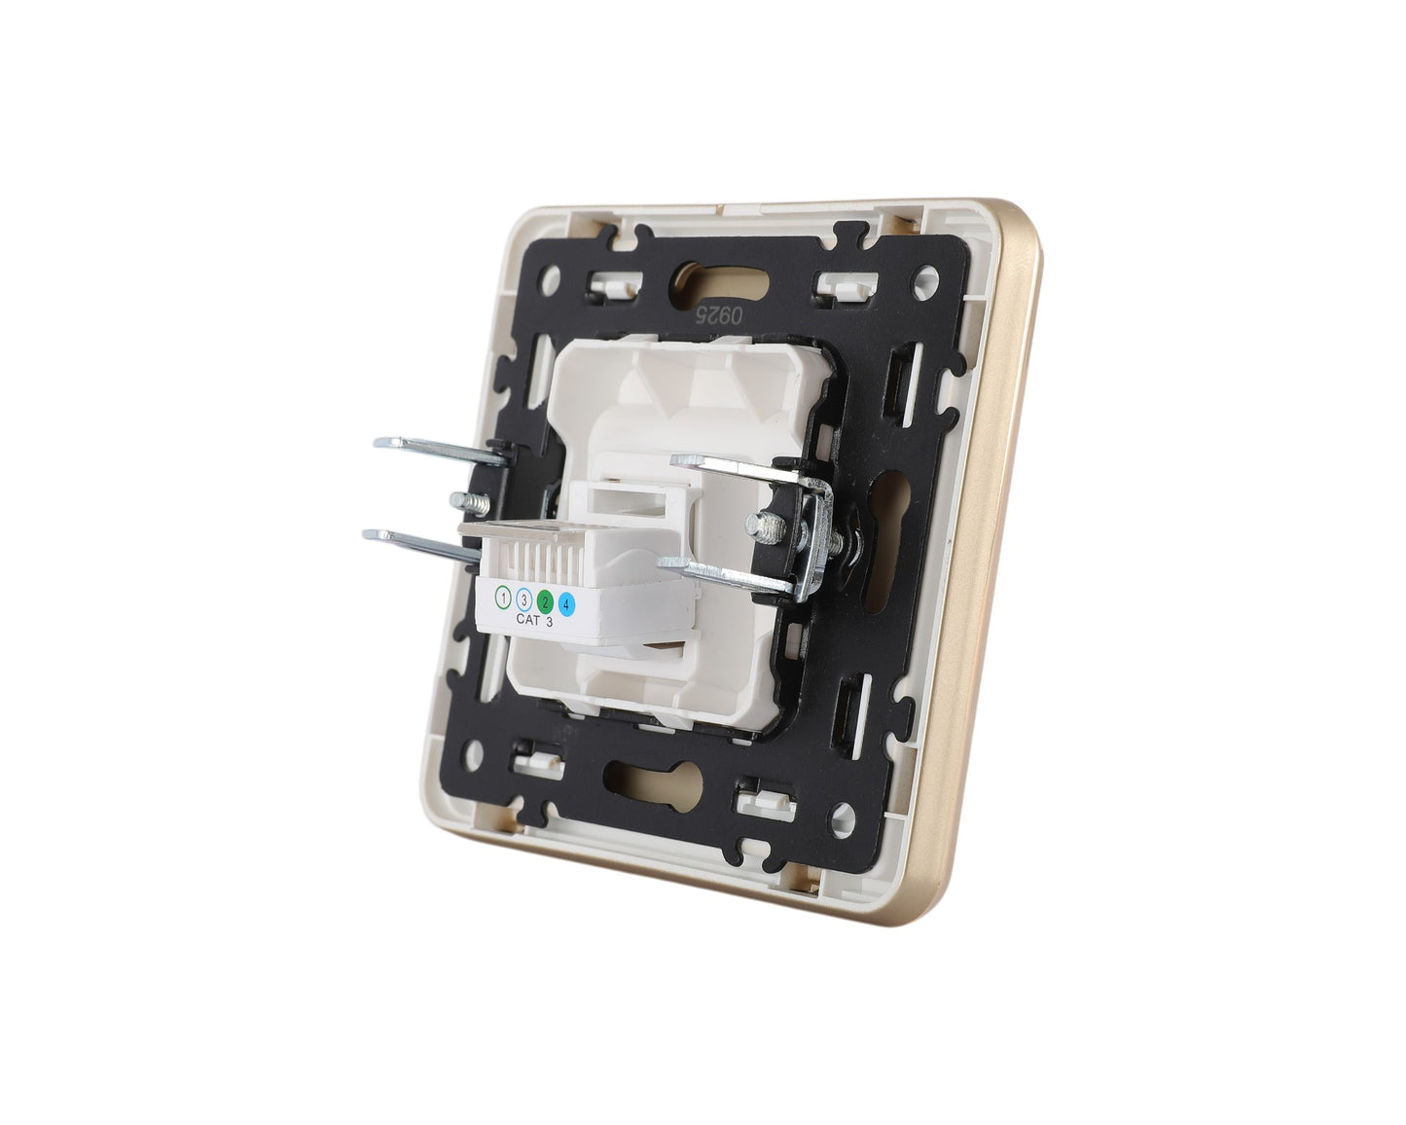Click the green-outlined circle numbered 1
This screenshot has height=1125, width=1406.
503,597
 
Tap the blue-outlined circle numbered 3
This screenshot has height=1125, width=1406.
523,597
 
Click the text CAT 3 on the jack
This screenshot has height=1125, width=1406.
534,620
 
